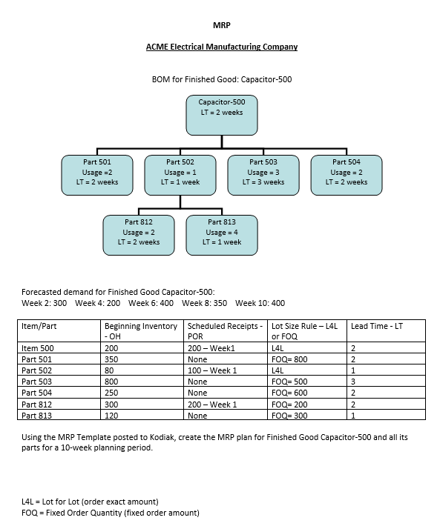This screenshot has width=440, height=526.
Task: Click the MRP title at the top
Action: coord(221,26)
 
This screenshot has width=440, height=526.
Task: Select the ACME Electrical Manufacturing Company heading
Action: coord(221,47)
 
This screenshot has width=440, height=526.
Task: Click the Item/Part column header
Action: coord(39,326)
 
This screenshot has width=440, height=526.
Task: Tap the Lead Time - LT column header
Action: coord(376,326)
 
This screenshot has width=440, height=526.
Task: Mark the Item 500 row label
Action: coord(37,347)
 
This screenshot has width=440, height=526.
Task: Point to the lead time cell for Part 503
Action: coord(353,381)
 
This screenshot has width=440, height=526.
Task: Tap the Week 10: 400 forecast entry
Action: coord(260,303)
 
